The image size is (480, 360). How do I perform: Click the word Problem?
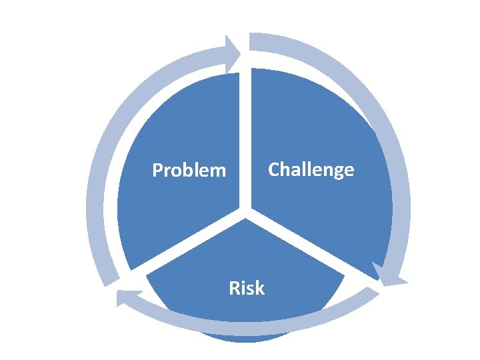click(x=189, y=171)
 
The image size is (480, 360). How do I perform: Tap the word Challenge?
click(x=311, y=169)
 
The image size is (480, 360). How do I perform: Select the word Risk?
click(x=247, y=288)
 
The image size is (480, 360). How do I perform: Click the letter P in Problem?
click(x=157, y=171)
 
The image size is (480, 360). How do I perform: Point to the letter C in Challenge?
click(x=274, y=169)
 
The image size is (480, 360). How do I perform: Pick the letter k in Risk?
click(x=259, y=288)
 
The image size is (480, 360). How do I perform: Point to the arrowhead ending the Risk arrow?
click(x=127, y=297)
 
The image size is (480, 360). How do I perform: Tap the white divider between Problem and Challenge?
click(x=245, y=133)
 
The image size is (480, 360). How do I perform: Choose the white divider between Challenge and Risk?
click(x=307, y=247)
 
